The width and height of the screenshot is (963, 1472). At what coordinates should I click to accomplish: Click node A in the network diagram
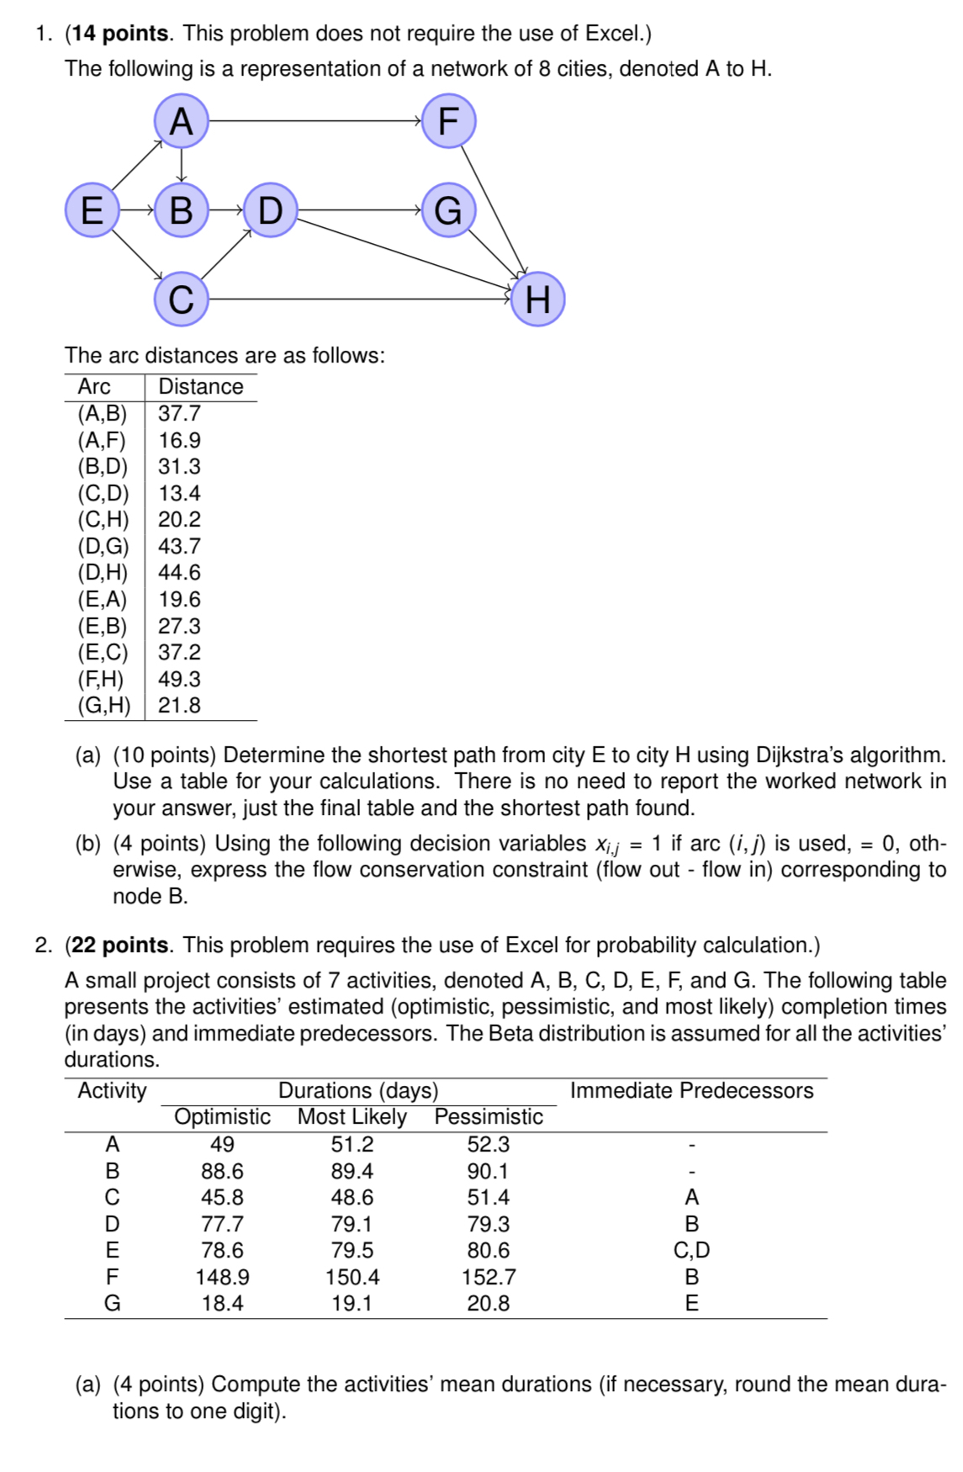click(x=181, y=121)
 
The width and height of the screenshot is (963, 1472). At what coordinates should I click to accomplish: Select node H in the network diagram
click(x=537, y=299)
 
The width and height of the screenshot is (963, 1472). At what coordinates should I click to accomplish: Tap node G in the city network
click(x=448, y=210)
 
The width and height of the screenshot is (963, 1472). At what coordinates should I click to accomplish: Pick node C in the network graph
click(x=181, y=299)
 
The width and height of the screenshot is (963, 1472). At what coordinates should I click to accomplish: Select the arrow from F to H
click(x=493, y=209)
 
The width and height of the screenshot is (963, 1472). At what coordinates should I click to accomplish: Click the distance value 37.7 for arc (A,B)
click(x=180, y=414)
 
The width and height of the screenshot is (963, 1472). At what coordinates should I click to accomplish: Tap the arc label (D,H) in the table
click(x=103, y=573)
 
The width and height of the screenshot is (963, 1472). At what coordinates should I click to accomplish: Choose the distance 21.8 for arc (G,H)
click(x=180, y=706)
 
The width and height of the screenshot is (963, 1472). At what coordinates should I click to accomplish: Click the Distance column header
click(x=201, y=387)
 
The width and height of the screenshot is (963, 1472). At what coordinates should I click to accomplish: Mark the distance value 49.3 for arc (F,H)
click(x=180, y=679)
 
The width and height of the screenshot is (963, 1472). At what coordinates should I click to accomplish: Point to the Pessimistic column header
click(x=489, y=1117)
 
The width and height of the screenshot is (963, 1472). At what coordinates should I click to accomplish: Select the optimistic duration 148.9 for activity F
click(x=222, y=1277)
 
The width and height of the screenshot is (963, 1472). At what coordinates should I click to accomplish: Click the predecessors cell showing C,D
click(x=691, y=1251)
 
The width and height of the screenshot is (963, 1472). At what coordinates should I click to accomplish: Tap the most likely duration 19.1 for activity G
click(x=352, y=1304)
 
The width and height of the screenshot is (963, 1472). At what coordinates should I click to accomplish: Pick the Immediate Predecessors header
click(x=691, y=1091)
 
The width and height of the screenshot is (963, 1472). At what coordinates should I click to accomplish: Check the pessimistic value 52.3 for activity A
click(x=489, y=1145)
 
